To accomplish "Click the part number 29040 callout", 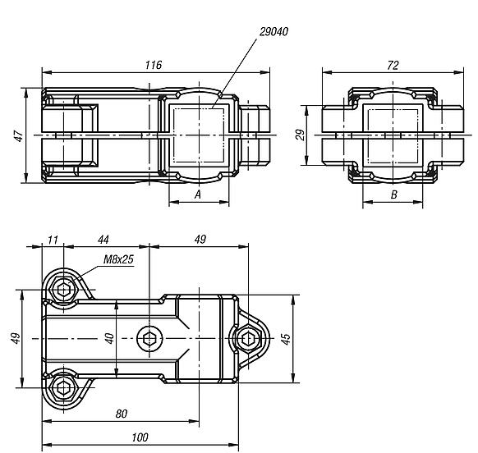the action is click(273, 32).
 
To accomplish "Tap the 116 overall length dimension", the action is click(154, 65).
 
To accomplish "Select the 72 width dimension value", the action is click(393, 65).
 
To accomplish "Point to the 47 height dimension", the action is click(19, 136).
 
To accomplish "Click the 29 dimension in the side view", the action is click(301, 135).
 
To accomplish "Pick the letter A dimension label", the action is click(198, 194).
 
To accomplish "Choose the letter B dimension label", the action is click(394, 194).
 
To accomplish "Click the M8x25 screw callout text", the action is click(118, 259).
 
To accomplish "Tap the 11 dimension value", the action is click(53, 240).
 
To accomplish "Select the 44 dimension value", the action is click(103, 240).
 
